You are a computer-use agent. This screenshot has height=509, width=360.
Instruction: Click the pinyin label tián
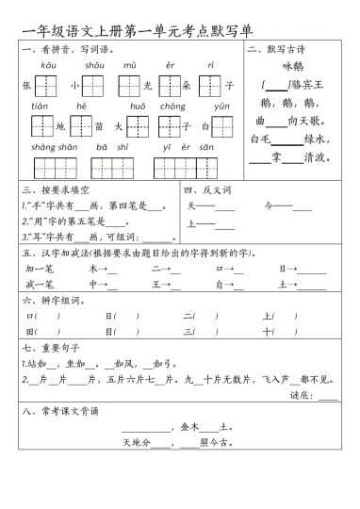click(40, 106)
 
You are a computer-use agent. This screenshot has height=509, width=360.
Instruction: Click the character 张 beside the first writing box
click(25, 85)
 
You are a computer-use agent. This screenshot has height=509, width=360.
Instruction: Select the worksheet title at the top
click(129, 26)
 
